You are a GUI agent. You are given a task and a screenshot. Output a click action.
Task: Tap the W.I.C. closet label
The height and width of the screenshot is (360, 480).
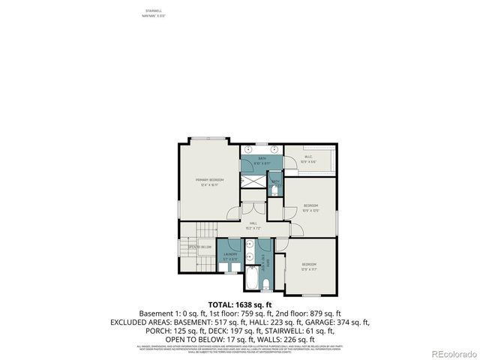point(308,157)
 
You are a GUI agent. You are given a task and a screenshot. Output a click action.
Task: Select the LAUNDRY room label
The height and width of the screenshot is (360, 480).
point(230,254)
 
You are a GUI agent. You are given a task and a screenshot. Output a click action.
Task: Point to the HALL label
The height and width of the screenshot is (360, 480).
point(254,223)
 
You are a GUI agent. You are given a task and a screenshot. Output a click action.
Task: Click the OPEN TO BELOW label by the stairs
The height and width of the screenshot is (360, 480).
point(199,247)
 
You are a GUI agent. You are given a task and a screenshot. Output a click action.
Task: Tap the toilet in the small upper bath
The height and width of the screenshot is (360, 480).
point(274,190)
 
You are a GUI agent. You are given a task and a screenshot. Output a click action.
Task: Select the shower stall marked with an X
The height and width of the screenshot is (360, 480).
point(255,181)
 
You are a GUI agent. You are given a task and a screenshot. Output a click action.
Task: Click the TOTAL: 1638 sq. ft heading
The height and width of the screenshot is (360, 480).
point(239,304)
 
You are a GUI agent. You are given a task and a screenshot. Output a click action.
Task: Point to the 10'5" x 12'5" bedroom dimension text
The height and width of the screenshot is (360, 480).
point(310,210)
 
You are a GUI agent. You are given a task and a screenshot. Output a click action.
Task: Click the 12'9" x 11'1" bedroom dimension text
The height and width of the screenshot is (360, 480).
point(308,268)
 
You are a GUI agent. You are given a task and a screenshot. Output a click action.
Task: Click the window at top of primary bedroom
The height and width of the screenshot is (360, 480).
point(207,139)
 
